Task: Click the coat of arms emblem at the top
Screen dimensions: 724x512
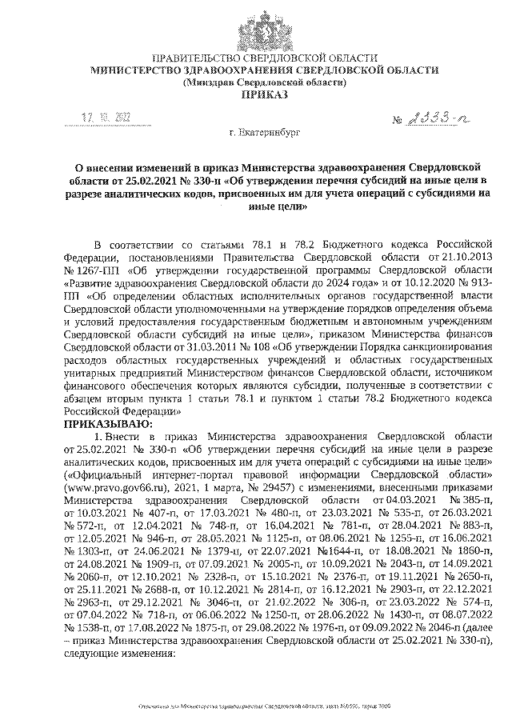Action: tap(257, 26)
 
